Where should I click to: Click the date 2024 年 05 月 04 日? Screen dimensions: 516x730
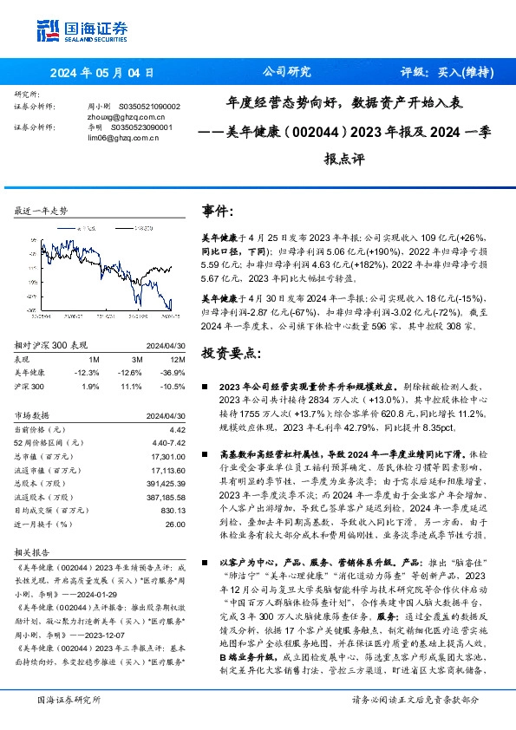click(x=101, y=74)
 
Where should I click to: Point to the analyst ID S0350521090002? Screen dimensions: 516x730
click(x=148, y=106)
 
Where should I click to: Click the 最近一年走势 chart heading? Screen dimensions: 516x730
click(x=41, y=212)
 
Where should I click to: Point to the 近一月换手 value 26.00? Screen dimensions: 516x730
click(x=174, y=525)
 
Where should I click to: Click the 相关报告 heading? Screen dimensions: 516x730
click(x=33, y=551)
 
